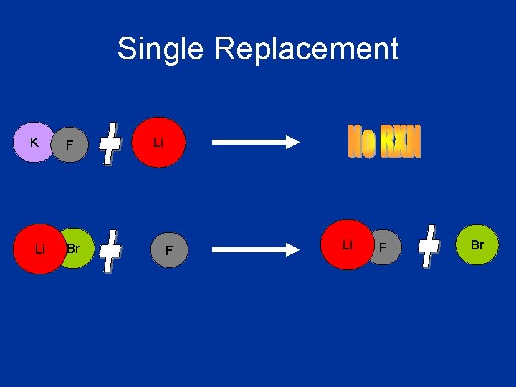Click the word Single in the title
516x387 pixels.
(161, 49)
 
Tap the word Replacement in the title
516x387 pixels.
(306, 49)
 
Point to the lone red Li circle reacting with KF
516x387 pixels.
(159, 143)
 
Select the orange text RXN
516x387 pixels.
(401, 142)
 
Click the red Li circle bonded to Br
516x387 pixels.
(39, 249)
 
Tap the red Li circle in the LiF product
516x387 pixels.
(347, 245)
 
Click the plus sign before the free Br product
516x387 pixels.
(429, 247)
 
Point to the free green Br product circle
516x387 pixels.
(477, 244)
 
